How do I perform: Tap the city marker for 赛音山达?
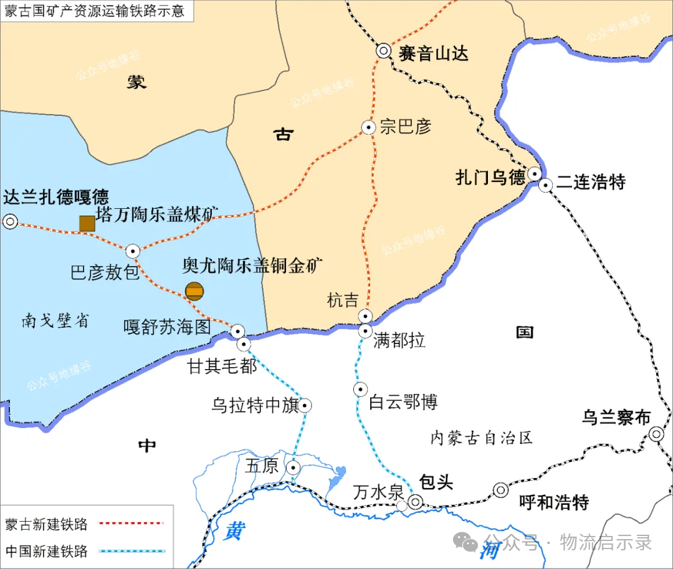tap(383, 52)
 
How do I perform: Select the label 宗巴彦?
tap(406, 127)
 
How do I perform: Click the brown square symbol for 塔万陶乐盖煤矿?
tap(87, 223)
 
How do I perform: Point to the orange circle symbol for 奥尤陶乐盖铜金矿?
tap(194, 290)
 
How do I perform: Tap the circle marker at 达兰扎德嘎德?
tap(10, 221)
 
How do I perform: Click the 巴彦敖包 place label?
tap(105, 273)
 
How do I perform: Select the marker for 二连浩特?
tap(546, 185)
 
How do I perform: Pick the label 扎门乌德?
tap(490, 178)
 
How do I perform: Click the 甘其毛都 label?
tap(222, 366)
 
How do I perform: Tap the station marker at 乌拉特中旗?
tap(305, 406)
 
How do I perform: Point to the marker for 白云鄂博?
tap(360, 390)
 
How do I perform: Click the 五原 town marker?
tap(294, 467)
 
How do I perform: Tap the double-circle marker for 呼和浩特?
tap(501, 490)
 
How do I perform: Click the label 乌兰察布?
tap(616, 418)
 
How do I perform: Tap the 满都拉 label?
tap(399, 341)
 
